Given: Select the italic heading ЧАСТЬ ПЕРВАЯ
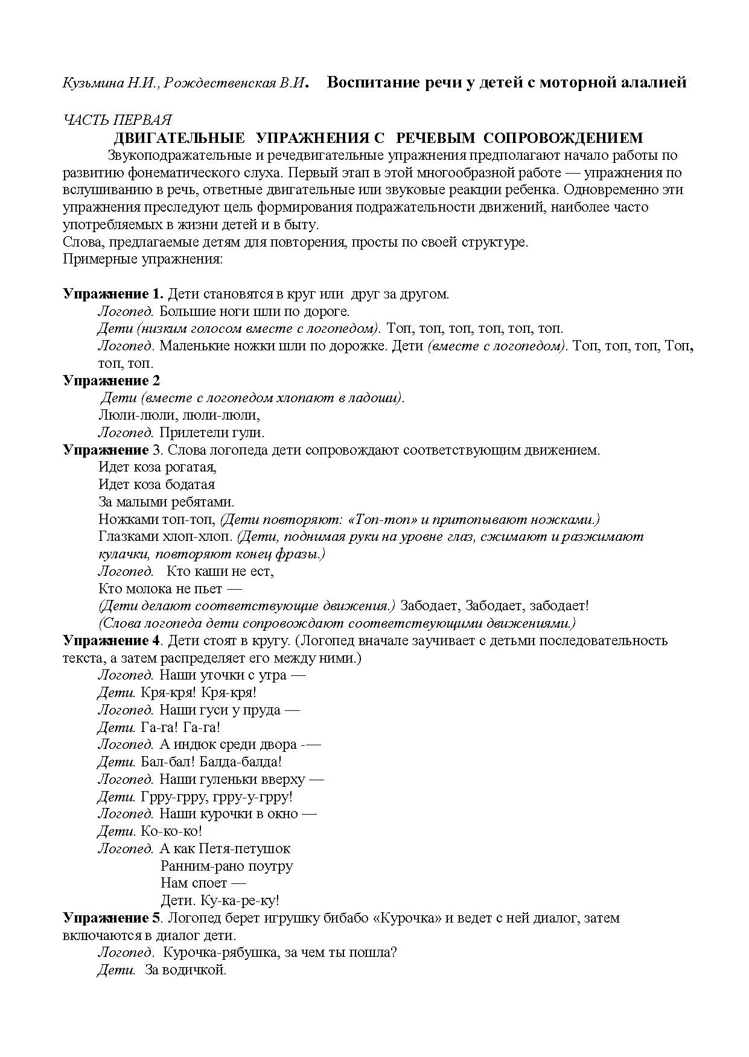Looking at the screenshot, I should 118,121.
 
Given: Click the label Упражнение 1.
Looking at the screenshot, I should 113,294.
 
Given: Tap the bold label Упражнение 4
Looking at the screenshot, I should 112,640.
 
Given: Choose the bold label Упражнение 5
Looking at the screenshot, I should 112,918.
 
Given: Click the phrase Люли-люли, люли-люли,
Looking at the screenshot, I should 179,415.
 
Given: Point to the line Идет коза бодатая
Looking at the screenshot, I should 156,485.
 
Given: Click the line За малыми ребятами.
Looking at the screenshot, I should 166,502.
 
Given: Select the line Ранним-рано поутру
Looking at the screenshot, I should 227,866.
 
